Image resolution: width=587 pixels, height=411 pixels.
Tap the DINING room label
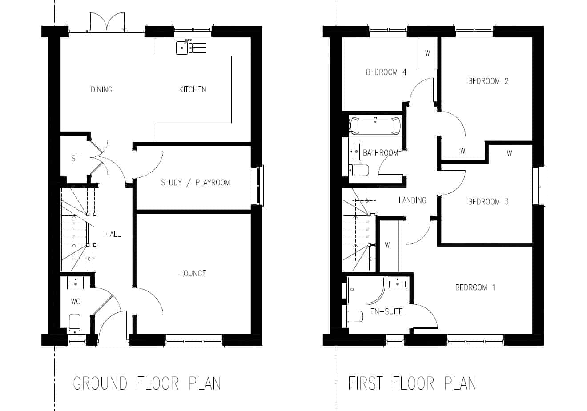click(101, 89)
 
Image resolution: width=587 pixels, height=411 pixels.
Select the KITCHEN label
click(193, 89)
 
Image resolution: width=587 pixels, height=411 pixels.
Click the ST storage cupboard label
click(75, 158)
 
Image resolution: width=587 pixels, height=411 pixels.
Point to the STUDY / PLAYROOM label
click(196, 183)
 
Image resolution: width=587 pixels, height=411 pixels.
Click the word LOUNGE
click(193, 274)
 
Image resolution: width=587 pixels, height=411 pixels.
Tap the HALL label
click(113, 234)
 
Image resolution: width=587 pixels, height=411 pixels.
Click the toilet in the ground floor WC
click(75, 324)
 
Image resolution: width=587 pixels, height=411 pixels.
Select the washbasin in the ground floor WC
click(76, 283)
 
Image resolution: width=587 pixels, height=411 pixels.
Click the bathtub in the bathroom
click(375, 126)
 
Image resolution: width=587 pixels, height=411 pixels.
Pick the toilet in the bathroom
click(359, 170)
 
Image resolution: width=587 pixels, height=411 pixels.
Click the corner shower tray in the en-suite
click(366, 290)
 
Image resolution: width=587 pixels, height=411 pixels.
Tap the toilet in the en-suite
click(355, 316)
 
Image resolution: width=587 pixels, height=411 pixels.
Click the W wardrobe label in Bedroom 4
click(427, 53)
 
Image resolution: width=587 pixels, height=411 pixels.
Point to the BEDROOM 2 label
click(488, 81)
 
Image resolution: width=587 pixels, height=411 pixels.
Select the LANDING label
click(413, 200)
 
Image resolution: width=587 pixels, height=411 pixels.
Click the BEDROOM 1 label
click(475, 287)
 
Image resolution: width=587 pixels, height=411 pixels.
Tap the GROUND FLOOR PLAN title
click(147, 383)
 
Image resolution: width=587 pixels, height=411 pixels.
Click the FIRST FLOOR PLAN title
click(412, 383)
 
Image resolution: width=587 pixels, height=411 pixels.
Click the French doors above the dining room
click(107, 22)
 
